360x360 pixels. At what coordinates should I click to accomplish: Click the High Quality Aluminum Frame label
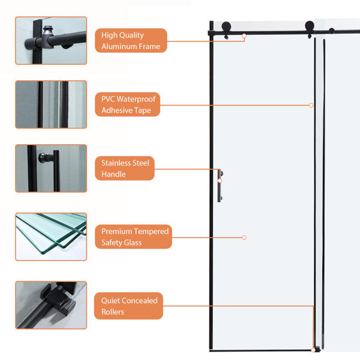coord(131,41)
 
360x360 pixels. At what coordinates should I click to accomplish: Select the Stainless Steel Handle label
coord(124,169)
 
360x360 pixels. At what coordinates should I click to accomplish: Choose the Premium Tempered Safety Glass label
coord(133,237)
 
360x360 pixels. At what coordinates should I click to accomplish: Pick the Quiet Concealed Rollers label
coord(128,307)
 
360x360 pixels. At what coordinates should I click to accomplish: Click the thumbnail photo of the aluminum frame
coord(51,40)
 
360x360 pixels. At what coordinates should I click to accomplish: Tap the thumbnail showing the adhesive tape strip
coord(51,104)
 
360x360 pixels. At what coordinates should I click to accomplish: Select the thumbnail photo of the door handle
coord(51,168)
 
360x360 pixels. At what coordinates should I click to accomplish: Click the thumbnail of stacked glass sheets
coord(51,236)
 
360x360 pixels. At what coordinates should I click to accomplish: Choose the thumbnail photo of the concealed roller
coord(51,305)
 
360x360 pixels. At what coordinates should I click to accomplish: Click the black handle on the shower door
coord(220,187)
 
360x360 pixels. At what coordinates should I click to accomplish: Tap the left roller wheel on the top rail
coord(228,27)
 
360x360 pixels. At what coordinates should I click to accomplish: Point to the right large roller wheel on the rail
coord(309,26)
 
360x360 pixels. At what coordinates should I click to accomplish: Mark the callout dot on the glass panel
coord(244,238)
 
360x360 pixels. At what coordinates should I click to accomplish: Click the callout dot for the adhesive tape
coord(311,105)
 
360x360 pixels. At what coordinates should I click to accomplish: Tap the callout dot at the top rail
coord(244,36)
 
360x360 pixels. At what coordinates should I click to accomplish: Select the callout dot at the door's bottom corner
coord(313,349)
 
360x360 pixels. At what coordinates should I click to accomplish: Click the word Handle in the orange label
coord(114,175)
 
